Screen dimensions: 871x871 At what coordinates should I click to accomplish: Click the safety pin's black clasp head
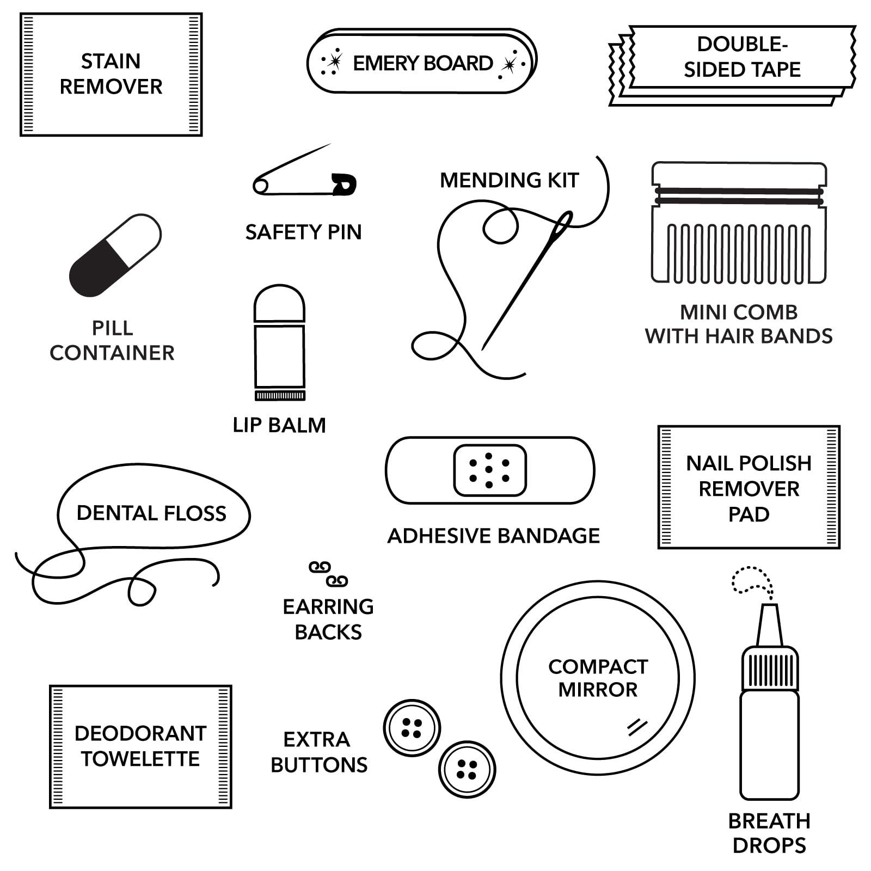point(344,184)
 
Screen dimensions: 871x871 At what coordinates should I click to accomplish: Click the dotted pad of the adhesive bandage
point(489,470)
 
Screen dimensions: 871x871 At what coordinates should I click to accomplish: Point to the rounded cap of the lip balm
point(279,303)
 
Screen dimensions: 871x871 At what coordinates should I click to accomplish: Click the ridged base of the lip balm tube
point(280,396)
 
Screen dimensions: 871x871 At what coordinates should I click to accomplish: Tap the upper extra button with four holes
point(412,728)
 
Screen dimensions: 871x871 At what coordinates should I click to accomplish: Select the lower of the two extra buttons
point(467,769)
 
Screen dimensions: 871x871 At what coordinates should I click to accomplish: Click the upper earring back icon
point(320,567)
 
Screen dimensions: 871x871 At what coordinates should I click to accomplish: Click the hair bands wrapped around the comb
point(739,196)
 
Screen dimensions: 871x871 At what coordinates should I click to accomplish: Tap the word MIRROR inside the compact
point(598,690)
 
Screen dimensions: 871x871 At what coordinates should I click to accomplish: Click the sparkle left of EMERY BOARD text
point(333,61)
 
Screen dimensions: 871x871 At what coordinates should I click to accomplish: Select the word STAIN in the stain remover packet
point(111,61)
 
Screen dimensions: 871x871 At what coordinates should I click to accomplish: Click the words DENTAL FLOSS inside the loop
point(151,513)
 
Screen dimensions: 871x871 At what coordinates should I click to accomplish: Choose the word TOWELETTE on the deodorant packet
point(140,759)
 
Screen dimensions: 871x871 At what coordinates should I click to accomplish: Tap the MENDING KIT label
point(509,180)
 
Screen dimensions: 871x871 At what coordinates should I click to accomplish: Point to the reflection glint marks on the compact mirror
point(636,727)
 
